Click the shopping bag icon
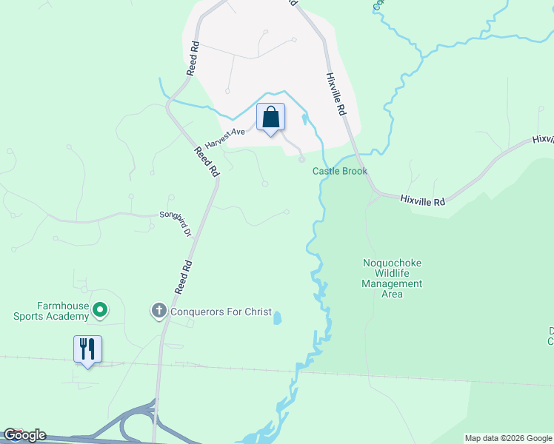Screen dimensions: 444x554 pos(270,118)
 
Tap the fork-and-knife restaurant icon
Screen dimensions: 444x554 pos(87,349)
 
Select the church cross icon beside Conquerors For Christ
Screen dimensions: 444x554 pos(158,312)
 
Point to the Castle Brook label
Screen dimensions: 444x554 pos(340,171)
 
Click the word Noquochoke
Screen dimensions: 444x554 pos(392,263)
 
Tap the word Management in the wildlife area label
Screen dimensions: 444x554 pos(392,283)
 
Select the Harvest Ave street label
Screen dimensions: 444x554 pos(225,136)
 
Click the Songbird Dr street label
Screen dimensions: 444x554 pos(176,223)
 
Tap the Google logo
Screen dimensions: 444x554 pos(24,435)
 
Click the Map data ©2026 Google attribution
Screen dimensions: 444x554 pos(508,438)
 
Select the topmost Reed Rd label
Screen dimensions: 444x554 pos(193,57)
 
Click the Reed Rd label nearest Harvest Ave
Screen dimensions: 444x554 pos(207,161)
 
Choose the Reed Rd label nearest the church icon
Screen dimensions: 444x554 pos(183,277)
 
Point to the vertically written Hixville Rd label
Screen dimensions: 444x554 pos(336,92)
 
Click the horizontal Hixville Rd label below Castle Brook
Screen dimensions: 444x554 pos(423,201)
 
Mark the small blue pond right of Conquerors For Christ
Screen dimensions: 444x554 pos(278,318)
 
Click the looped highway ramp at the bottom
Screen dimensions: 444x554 pos(137,422)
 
